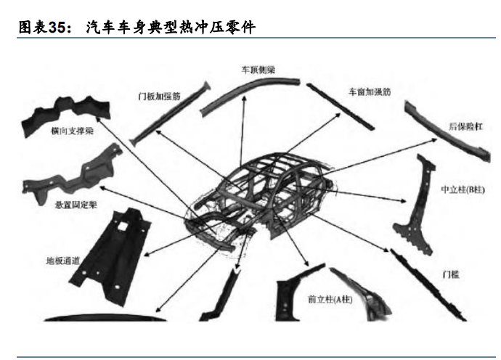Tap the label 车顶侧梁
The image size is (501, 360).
pos(258,71)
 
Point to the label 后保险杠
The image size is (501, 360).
pos(465,126)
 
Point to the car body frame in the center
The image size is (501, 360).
pos(261,196)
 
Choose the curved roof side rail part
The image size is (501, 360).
pos(247,91)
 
